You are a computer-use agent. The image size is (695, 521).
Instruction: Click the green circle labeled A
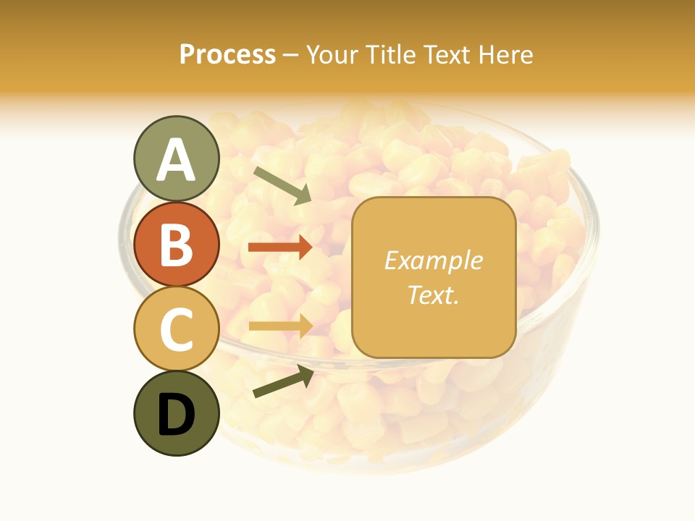[176, 158]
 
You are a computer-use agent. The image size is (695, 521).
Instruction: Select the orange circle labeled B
[176, 244]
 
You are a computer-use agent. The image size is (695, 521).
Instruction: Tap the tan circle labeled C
[176, 329]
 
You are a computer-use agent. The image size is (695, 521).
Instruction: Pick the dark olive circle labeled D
[176, 414]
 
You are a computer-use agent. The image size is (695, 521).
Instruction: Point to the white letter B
[176, 244]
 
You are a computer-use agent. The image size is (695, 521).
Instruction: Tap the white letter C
[176, 329]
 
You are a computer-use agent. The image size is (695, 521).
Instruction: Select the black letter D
[176, 415]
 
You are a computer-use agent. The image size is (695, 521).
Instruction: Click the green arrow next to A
[282, 185]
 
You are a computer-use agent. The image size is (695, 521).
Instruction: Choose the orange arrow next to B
[280, 247]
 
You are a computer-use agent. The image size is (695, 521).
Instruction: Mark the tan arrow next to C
[280, 326]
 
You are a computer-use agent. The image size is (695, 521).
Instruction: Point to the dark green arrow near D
[283, 381]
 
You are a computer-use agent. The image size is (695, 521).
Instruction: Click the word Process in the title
[227, 55]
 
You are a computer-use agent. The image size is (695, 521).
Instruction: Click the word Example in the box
[433, 260]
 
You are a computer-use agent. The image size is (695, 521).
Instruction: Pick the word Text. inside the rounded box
[433, 295]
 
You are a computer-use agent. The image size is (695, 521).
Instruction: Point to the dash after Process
[290, 56]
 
